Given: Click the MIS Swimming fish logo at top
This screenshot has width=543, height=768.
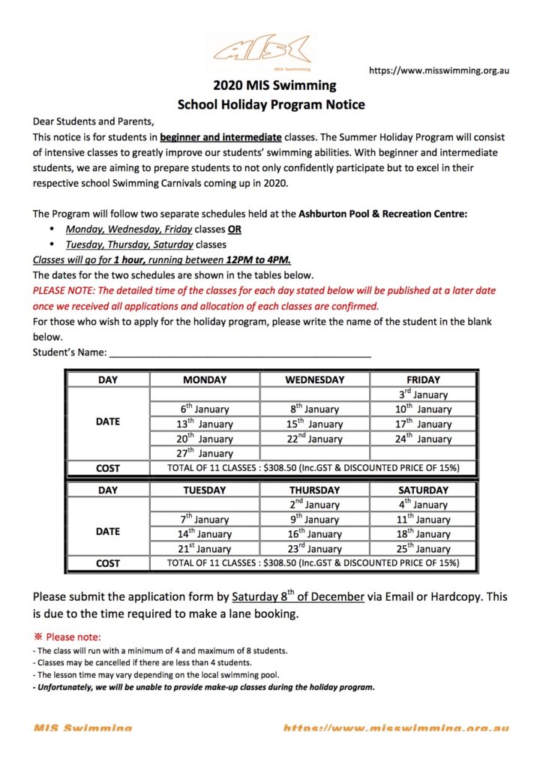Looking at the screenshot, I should coord(261,50).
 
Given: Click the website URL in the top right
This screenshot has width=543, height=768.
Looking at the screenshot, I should coord(439,70).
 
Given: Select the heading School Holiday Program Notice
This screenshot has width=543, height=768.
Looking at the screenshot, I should coord(271,104).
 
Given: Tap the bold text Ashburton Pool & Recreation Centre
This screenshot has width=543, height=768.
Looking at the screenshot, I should coord(382,214).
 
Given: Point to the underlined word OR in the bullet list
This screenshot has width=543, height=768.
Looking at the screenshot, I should coord(235,229).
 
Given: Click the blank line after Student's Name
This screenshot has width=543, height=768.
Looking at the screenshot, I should coord(240,352).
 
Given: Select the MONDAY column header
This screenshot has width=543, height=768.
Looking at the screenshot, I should coord(205,380).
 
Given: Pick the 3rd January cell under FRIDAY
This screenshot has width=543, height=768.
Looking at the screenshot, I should coord(423,394).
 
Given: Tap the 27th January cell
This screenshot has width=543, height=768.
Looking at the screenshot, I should coord(205,453).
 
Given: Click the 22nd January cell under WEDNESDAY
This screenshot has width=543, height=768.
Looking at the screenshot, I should coord(314,439).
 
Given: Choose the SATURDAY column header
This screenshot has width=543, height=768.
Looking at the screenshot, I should coord(423,490).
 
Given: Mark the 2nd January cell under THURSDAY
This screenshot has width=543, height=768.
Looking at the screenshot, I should coord(314,505).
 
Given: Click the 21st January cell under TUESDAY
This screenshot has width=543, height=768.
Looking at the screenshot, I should coord(205,548).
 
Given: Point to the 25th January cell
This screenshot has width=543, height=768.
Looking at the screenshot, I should coord(423,548).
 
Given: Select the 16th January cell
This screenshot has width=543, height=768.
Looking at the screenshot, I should coord(314,534).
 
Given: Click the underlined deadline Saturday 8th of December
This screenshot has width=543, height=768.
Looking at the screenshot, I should coord(298,597).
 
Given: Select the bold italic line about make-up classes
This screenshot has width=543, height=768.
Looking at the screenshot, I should coord(204,687).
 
